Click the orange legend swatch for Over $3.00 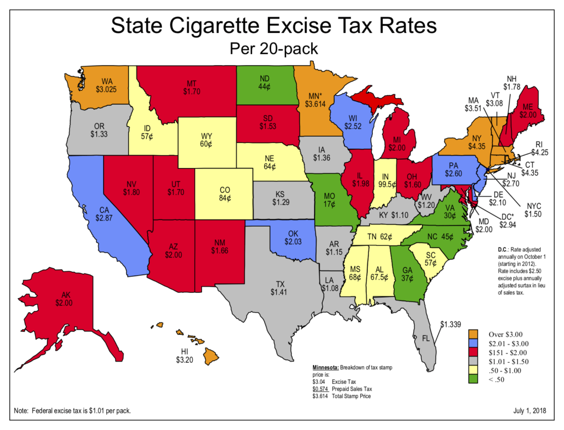tap(472, 334)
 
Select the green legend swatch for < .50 tap(472, 380)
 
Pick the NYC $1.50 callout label tap(535, 209)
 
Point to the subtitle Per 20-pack tap(273, 49)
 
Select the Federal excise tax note tap(73, 411)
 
